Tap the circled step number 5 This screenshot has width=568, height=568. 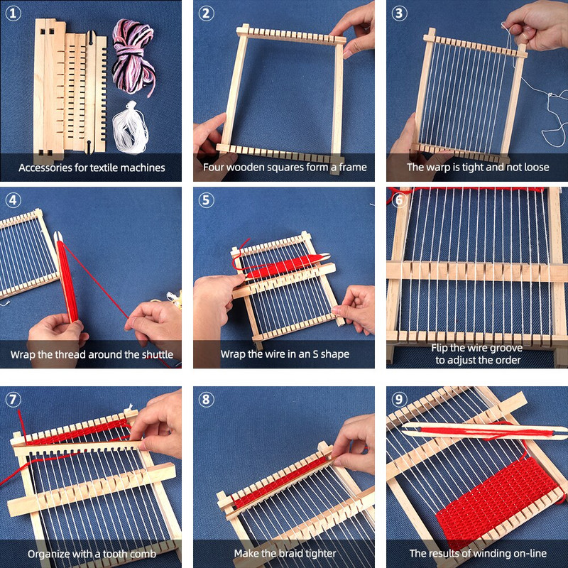[206, 200]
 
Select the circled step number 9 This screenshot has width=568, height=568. [399, 399]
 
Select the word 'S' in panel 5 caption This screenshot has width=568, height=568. [312, 354]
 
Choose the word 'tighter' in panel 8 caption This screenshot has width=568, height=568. [317, 553]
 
